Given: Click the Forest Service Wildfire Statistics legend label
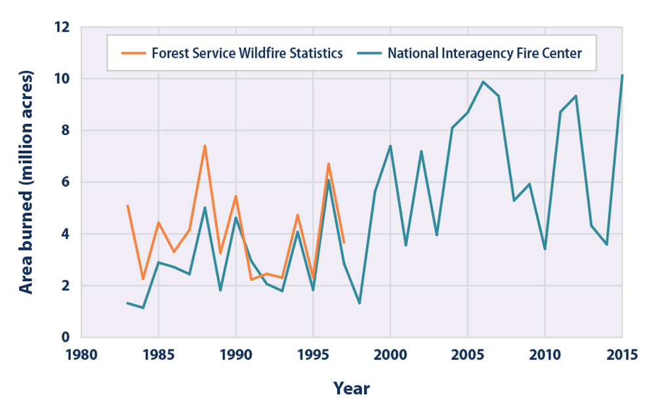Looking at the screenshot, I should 247,54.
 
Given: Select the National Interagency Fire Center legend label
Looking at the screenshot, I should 484,54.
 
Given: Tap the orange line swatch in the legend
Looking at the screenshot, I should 133,54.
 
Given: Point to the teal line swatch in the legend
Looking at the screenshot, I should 371,54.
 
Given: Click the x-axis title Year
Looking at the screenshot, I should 351,388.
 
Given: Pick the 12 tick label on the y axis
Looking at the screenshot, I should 62,28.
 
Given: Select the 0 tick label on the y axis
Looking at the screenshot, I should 65,338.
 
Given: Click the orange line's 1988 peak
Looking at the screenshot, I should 205,146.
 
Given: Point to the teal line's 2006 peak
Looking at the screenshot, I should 483,82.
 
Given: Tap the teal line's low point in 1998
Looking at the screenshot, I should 359,303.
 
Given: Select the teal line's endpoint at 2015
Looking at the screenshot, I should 622,75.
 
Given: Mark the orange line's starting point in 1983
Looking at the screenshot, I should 127,206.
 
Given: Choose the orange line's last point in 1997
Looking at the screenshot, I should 344,243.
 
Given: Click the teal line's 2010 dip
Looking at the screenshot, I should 544,249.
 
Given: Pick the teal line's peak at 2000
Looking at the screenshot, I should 390,146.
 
